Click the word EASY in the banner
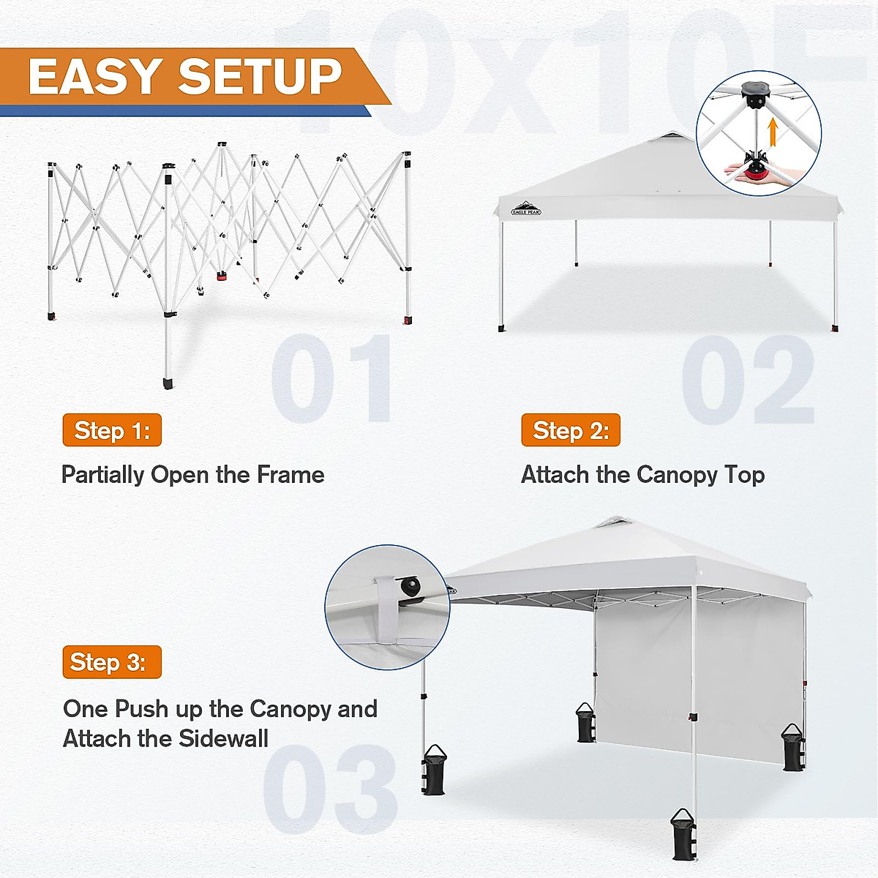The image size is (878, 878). [95, 77]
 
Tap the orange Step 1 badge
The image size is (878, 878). [112, 430]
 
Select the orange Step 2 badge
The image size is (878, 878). [571, 430]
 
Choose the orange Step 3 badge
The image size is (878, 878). [112, 662]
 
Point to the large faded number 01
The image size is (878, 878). [333, 379]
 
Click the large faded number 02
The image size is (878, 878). [748, 379]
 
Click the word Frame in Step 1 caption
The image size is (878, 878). [290, 475]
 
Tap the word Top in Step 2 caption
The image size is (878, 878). [745, 475]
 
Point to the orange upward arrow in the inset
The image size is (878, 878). [771, 133]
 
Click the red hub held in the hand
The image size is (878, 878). [757, 174]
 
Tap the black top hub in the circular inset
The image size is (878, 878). [754, 91]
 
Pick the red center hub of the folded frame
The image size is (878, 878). [221, 277]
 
